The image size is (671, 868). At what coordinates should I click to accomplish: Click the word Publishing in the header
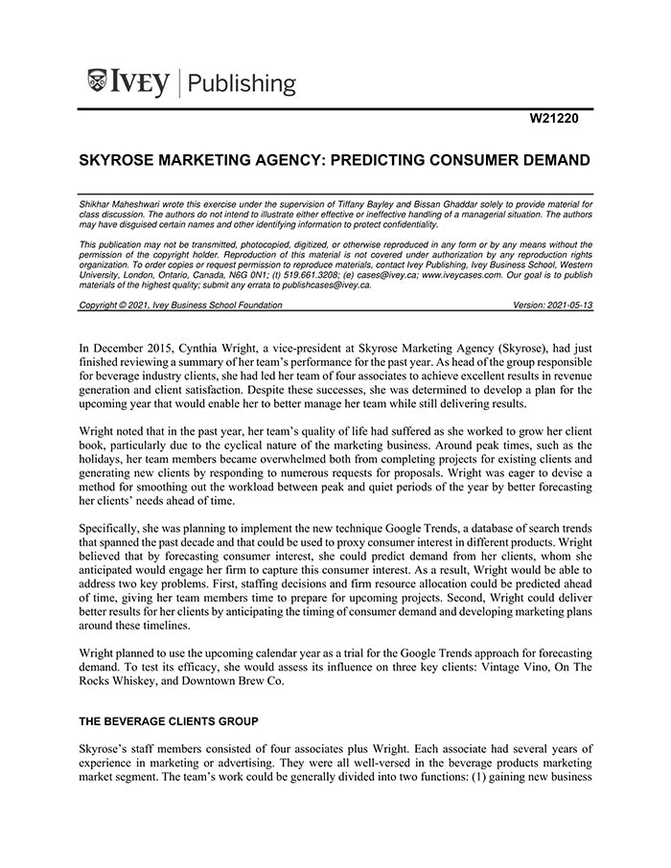click(x=242, y=83)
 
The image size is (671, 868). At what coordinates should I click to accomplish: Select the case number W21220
click(x=555, y=120)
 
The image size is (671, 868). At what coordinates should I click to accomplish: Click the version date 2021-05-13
click(x=570, y=305)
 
